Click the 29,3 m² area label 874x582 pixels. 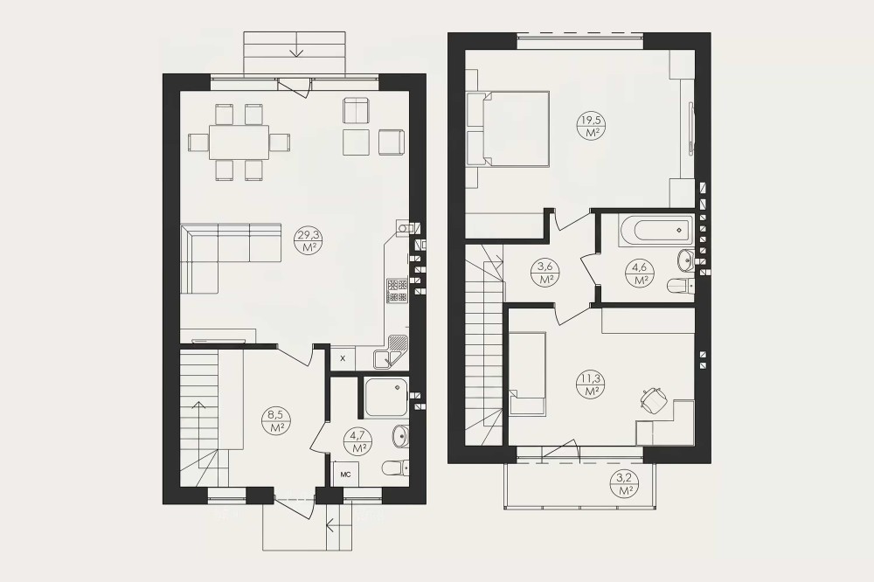tap(309, 241)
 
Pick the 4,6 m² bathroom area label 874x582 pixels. tap(641, 274)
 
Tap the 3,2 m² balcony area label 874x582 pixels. tap(625, 484)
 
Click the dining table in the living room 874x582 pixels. tap(239, 142)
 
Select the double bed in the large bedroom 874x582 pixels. tap(508, 128)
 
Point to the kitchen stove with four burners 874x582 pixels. tap(398, 290)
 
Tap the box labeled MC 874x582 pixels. tap(345, 475)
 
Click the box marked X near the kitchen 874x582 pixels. tap(343, 358)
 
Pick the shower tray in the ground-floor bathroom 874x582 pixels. tap(385, 398)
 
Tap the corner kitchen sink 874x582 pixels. tap(391, 352)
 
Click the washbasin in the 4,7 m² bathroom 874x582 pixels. tap(400, 436)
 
